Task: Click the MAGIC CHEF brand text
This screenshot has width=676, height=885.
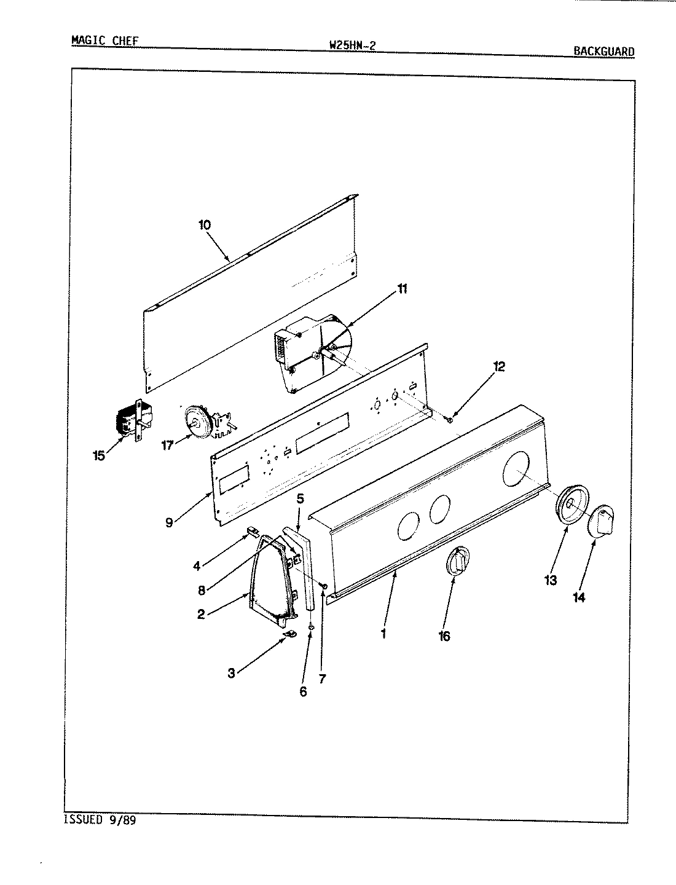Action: [105, 41]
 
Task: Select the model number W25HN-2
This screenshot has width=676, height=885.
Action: [352, 45]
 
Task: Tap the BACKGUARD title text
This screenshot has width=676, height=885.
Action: [603, 52]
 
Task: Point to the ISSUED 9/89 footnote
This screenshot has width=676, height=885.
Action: [99, 820]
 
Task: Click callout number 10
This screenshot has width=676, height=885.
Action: [205, 225]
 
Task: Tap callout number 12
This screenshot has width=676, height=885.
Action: [498, 367]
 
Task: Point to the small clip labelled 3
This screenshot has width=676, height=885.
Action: [288, 634]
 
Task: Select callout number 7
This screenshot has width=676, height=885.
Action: [322, 678]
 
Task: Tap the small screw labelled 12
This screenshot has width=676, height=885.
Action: [450, 420]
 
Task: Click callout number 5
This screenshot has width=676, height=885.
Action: [300, 498]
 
